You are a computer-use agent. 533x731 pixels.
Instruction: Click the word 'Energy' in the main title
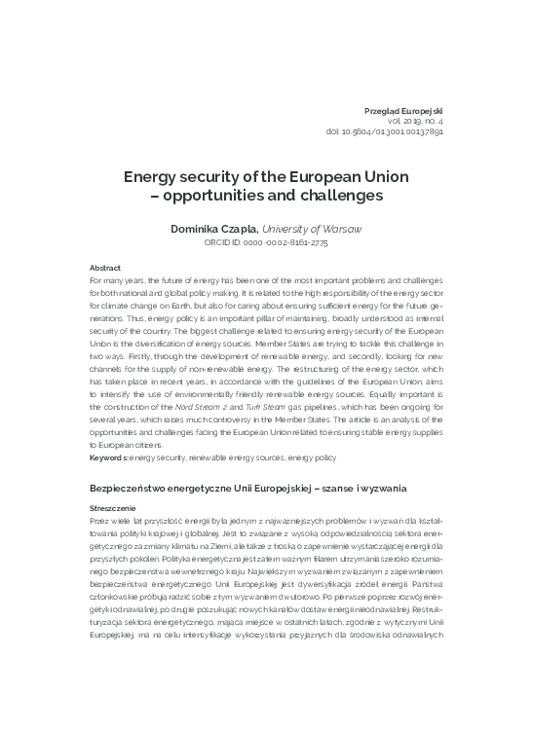(151, 178)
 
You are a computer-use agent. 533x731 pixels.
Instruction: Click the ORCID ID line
(265, 242)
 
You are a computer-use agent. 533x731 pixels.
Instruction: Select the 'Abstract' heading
(104, 267)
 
